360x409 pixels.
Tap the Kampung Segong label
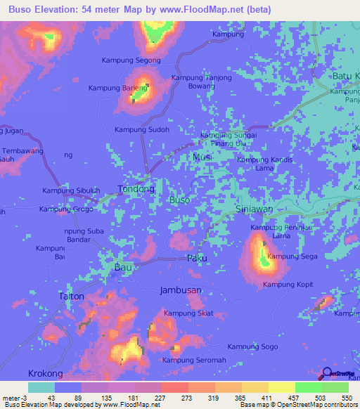click(x=131, y=60)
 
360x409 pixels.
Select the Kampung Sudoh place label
click(x=142, y=130)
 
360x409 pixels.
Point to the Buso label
click(x=180, y=200)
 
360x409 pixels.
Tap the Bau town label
click(x=123, y=268)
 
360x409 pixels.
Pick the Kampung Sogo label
click(x=253, y=346)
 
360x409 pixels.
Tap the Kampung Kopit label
click(x=288, y=285)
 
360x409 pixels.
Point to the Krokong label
click(x=44, y=373)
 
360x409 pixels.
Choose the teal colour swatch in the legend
click(x=41, y=387)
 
